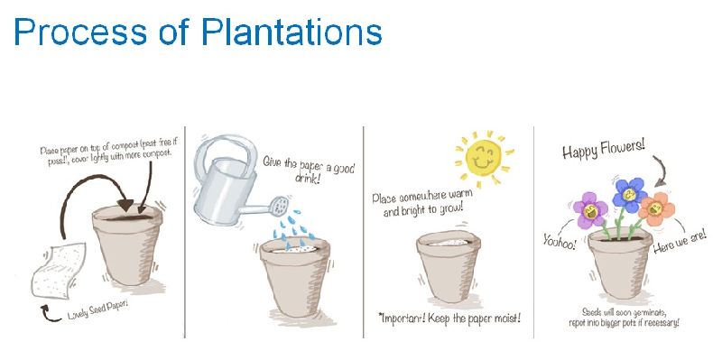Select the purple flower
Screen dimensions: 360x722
pyautogui.click(x=590, y=209)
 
